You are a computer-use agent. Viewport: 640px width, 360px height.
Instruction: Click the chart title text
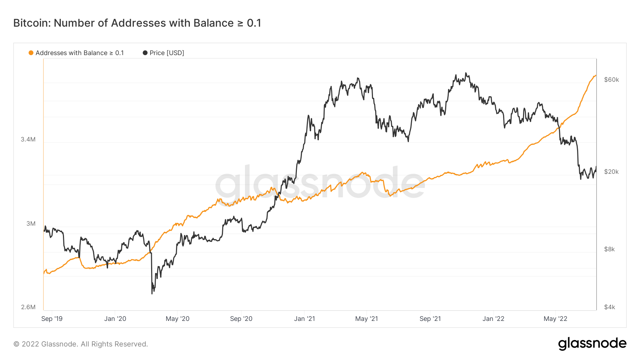[x=137, y=23]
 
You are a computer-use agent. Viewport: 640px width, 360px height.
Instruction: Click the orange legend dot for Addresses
[x=31, y=53]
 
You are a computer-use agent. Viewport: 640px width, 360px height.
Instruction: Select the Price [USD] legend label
[x=167, y=53]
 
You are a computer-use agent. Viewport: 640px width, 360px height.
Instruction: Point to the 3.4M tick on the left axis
[x=28, y=139]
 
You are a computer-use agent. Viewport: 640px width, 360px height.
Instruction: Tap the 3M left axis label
[x=31, y=224]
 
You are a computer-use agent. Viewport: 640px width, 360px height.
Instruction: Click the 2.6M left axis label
[x=28, y=307]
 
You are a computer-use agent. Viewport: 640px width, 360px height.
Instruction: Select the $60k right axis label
[x=612, y=80]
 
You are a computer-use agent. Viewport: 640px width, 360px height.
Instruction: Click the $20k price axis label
[x=612, y=172]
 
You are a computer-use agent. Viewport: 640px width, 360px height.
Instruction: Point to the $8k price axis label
[x=609, y=249]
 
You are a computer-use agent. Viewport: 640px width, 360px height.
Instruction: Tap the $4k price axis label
[x=609, y=307]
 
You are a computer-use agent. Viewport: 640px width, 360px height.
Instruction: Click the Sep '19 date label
[x=52, y=319]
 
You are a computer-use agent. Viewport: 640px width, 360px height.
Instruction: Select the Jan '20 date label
[x=115, y=319]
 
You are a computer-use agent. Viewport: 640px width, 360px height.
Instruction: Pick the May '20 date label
[x=177, y=319]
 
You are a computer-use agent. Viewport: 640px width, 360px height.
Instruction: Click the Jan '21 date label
[x=304, y=319]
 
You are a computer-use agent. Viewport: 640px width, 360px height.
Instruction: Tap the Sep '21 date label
[x=430, y=319]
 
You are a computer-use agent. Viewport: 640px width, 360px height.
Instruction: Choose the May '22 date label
[x=555, y=319]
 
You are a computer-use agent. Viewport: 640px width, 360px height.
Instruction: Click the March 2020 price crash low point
[x=152, y=293]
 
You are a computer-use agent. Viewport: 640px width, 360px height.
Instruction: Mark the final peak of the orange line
[x=596, y=75]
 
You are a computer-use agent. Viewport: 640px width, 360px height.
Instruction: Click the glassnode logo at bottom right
[x=592, y=344]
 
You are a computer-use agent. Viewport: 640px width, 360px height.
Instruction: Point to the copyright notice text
[x=81, y=344]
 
